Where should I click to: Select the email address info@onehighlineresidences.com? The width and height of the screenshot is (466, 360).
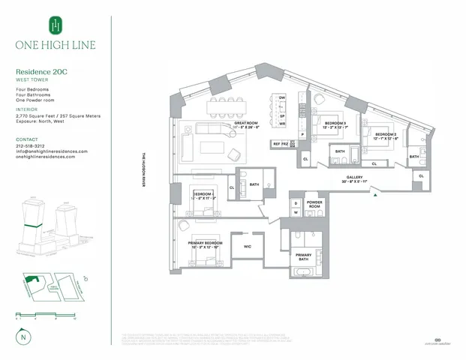52,151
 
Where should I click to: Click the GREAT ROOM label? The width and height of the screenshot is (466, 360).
245,122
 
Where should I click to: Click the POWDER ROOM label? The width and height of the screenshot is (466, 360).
314,205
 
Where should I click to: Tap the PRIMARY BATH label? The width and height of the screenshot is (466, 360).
303,258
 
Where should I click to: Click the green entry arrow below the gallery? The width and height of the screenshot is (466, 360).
374,196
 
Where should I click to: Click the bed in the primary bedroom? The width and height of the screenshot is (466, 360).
201,259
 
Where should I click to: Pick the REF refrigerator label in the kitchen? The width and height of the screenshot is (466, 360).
277,143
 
